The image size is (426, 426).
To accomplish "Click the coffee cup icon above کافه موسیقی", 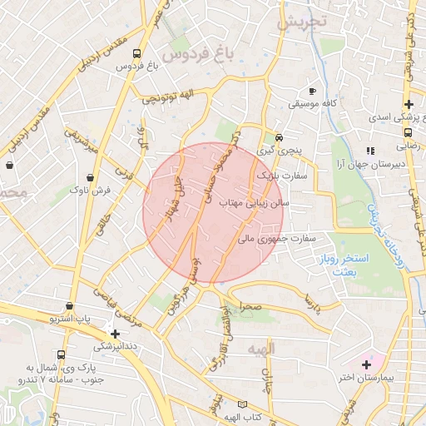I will coord(312,90).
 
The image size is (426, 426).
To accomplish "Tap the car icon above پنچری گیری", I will coord(280,136).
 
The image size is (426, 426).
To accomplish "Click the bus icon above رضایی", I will coord(409,131).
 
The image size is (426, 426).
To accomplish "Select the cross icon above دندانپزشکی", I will coord(116,333).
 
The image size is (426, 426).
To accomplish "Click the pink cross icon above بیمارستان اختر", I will coord(366,364).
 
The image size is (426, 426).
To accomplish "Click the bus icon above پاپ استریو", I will coord(70,305).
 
